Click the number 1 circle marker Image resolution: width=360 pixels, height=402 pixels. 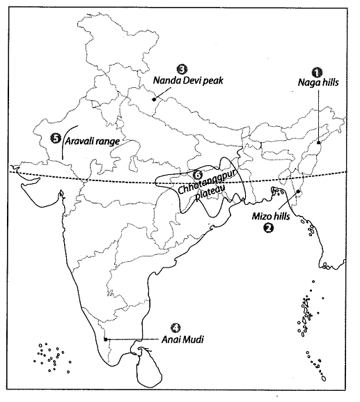coord(318,71)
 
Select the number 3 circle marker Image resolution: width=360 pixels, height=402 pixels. coord(182,68)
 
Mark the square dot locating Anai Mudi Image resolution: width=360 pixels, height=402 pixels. coord(104,339)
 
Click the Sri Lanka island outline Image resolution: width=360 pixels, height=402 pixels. coord(148,369)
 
